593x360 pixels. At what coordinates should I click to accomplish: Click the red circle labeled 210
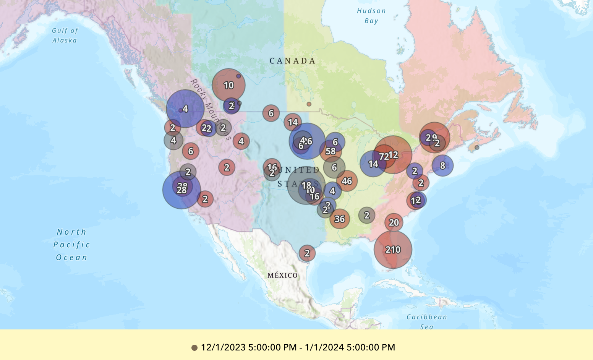coord(393,250)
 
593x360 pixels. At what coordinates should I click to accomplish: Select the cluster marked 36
coord(340,219)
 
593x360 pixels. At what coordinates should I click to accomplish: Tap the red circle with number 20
coord(394,222)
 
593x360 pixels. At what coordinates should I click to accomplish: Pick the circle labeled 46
coord(347,181)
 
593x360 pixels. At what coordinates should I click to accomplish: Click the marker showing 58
coord(331,151)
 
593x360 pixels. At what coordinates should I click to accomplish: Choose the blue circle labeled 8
coord(442,165)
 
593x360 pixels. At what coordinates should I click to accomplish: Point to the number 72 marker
coord(384,156)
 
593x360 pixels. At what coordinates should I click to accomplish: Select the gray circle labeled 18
coord(306,185)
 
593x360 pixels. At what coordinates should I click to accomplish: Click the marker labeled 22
coord(206,128)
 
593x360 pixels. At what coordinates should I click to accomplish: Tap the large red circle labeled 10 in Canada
coord(228,85)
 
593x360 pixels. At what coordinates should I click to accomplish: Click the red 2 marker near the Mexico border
coord(307,253)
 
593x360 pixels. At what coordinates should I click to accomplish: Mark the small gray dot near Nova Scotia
coord(477,148)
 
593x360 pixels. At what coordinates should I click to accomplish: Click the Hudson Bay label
coord(371,16)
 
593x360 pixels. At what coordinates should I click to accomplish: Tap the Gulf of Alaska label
coord(65,36)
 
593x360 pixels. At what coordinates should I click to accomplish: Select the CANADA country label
coord(293,61)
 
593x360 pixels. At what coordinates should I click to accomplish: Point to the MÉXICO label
coord(282,275)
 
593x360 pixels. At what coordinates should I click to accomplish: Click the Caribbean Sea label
coord(426,321)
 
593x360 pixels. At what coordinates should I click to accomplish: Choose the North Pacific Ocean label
coord(72,245)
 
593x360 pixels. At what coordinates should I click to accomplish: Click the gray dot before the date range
coord(194,348)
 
